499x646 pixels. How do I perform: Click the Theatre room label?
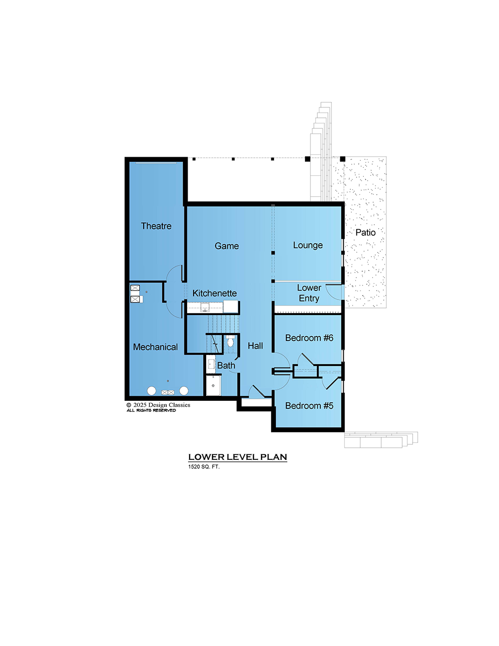156,226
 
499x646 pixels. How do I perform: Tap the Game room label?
227,246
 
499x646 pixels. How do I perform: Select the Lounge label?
308,245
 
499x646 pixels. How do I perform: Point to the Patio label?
365,233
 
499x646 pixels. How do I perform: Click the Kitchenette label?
215,293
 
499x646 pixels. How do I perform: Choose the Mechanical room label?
155,347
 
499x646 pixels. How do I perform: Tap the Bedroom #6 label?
309,337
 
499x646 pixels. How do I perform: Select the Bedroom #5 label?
309,406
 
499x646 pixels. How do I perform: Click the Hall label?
255,346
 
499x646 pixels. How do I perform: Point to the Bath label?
226,365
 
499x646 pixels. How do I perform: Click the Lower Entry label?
309,293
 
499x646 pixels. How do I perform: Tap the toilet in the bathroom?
231,341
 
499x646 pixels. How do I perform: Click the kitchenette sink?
205,307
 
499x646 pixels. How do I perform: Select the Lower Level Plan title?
238,457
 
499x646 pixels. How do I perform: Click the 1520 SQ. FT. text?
204,467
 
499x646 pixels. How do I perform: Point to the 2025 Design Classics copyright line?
158,405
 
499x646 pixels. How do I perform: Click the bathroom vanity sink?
211,364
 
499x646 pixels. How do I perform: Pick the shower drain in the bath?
213,385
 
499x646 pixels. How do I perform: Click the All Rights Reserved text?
151,410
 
